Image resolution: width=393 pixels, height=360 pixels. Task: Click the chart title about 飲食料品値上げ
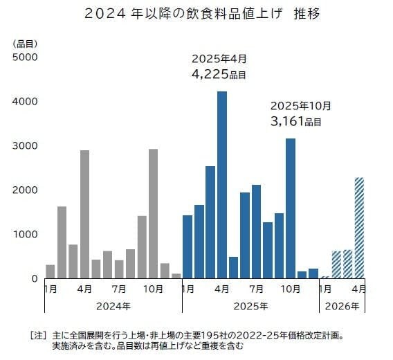[x=196, y=13]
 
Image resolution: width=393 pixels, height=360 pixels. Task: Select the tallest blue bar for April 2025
[x=222, y=184]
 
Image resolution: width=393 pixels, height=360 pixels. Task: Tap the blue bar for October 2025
[x=291, y=208]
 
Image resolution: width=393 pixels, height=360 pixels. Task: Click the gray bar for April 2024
[x=84, y=214]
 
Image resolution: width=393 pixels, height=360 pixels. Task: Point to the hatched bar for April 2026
[x=359, y=228]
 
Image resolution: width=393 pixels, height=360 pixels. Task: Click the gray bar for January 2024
[x=51, y=271]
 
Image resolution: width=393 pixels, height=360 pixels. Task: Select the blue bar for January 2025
[x=188, y=246]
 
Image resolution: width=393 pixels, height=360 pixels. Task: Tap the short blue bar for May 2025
[x=233, y=267]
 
